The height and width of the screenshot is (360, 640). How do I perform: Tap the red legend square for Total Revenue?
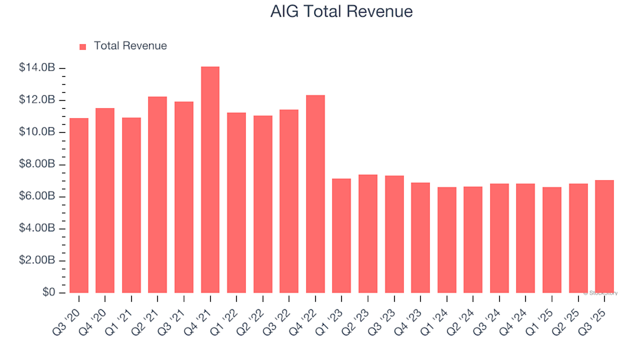click(x=83, y=47)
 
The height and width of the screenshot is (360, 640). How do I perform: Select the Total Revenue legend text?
click(x=130, y=46)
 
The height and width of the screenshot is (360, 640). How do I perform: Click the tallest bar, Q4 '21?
click(x=210, y=180)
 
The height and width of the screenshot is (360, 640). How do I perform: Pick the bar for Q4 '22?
click(x=315, y=194)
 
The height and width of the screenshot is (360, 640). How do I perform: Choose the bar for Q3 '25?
click(x=604, y=237)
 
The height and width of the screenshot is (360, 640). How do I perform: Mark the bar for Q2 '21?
click(x=157, y=195)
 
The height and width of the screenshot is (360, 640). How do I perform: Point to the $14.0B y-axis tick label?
click(x=37, y=68)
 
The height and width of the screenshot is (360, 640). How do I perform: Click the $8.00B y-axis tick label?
click(x=37, y=165)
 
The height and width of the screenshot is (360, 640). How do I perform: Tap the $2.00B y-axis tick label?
click(x=37, y=261)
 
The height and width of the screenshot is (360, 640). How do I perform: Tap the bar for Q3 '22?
click(x=289, y=201)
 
